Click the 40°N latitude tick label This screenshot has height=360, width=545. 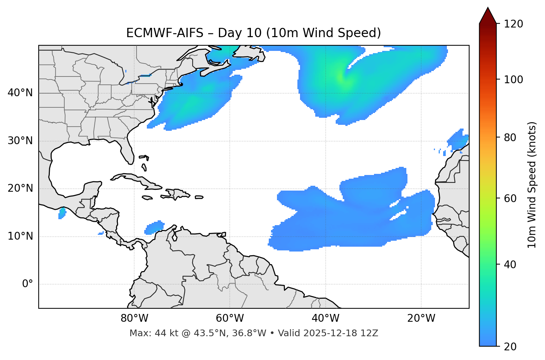point(20,93)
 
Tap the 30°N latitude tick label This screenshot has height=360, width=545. point(20,141)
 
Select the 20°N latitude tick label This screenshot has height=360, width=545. point(20,188)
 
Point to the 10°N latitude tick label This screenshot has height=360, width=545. point(20,236)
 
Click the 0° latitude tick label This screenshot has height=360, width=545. point(28,284)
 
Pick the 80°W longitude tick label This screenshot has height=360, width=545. point(134,318)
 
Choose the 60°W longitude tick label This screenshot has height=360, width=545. point(230,318)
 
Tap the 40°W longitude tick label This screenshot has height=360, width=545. point(325,318)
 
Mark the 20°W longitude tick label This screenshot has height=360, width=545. point(421,318)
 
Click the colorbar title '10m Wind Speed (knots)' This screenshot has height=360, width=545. point(532,185)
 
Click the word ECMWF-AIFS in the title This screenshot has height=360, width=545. point(165,33)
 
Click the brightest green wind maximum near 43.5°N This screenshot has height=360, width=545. point(342,78)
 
